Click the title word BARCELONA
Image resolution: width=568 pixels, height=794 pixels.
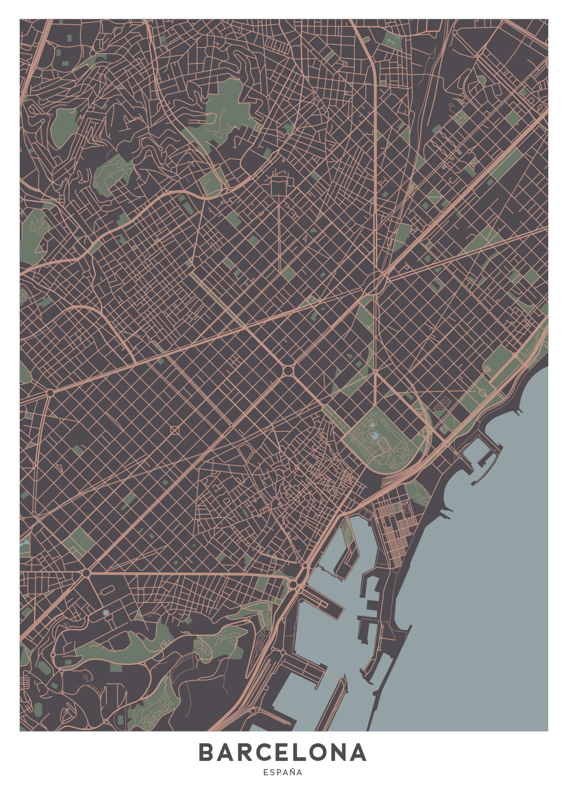click(x=283, y=753)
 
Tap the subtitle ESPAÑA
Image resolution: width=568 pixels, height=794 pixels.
click(x=283, y=772)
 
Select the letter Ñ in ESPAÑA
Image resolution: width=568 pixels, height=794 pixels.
click(x=291, y=772)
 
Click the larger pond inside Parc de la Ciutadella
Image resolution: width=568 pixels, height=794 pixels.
click(x=374, y=436)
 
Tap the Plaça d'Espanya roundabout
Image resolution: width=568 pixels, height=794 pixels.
click(x=86, y=573)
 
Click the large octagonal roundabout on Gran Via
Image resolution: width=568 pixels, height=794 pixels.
click(x=288, y=370)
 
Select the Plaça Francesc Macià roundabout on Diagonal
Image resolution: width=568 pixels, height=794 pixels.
click(x=50, y=393)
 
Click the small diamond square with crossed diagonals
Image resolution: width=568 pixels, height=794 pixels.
click(x=175, y=430)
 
